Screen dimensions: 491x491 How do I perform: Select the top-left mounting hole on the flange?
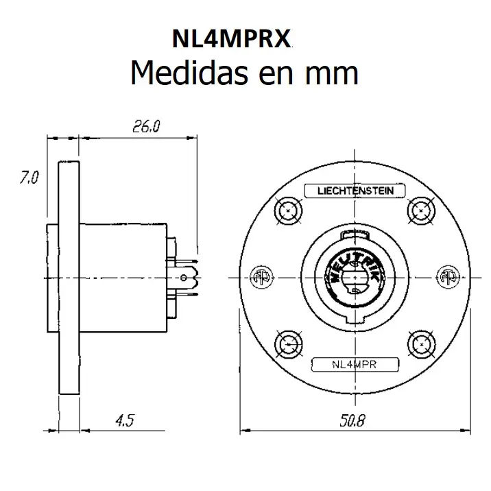pyautogui.click(x=286, y=211)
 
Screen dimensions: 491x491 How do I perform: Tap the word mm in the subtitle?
pyautogui.click(x=333, y=72)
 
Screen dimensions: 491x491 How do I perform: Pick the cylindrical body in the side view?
pyautogui.click(x=123, y=277)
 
